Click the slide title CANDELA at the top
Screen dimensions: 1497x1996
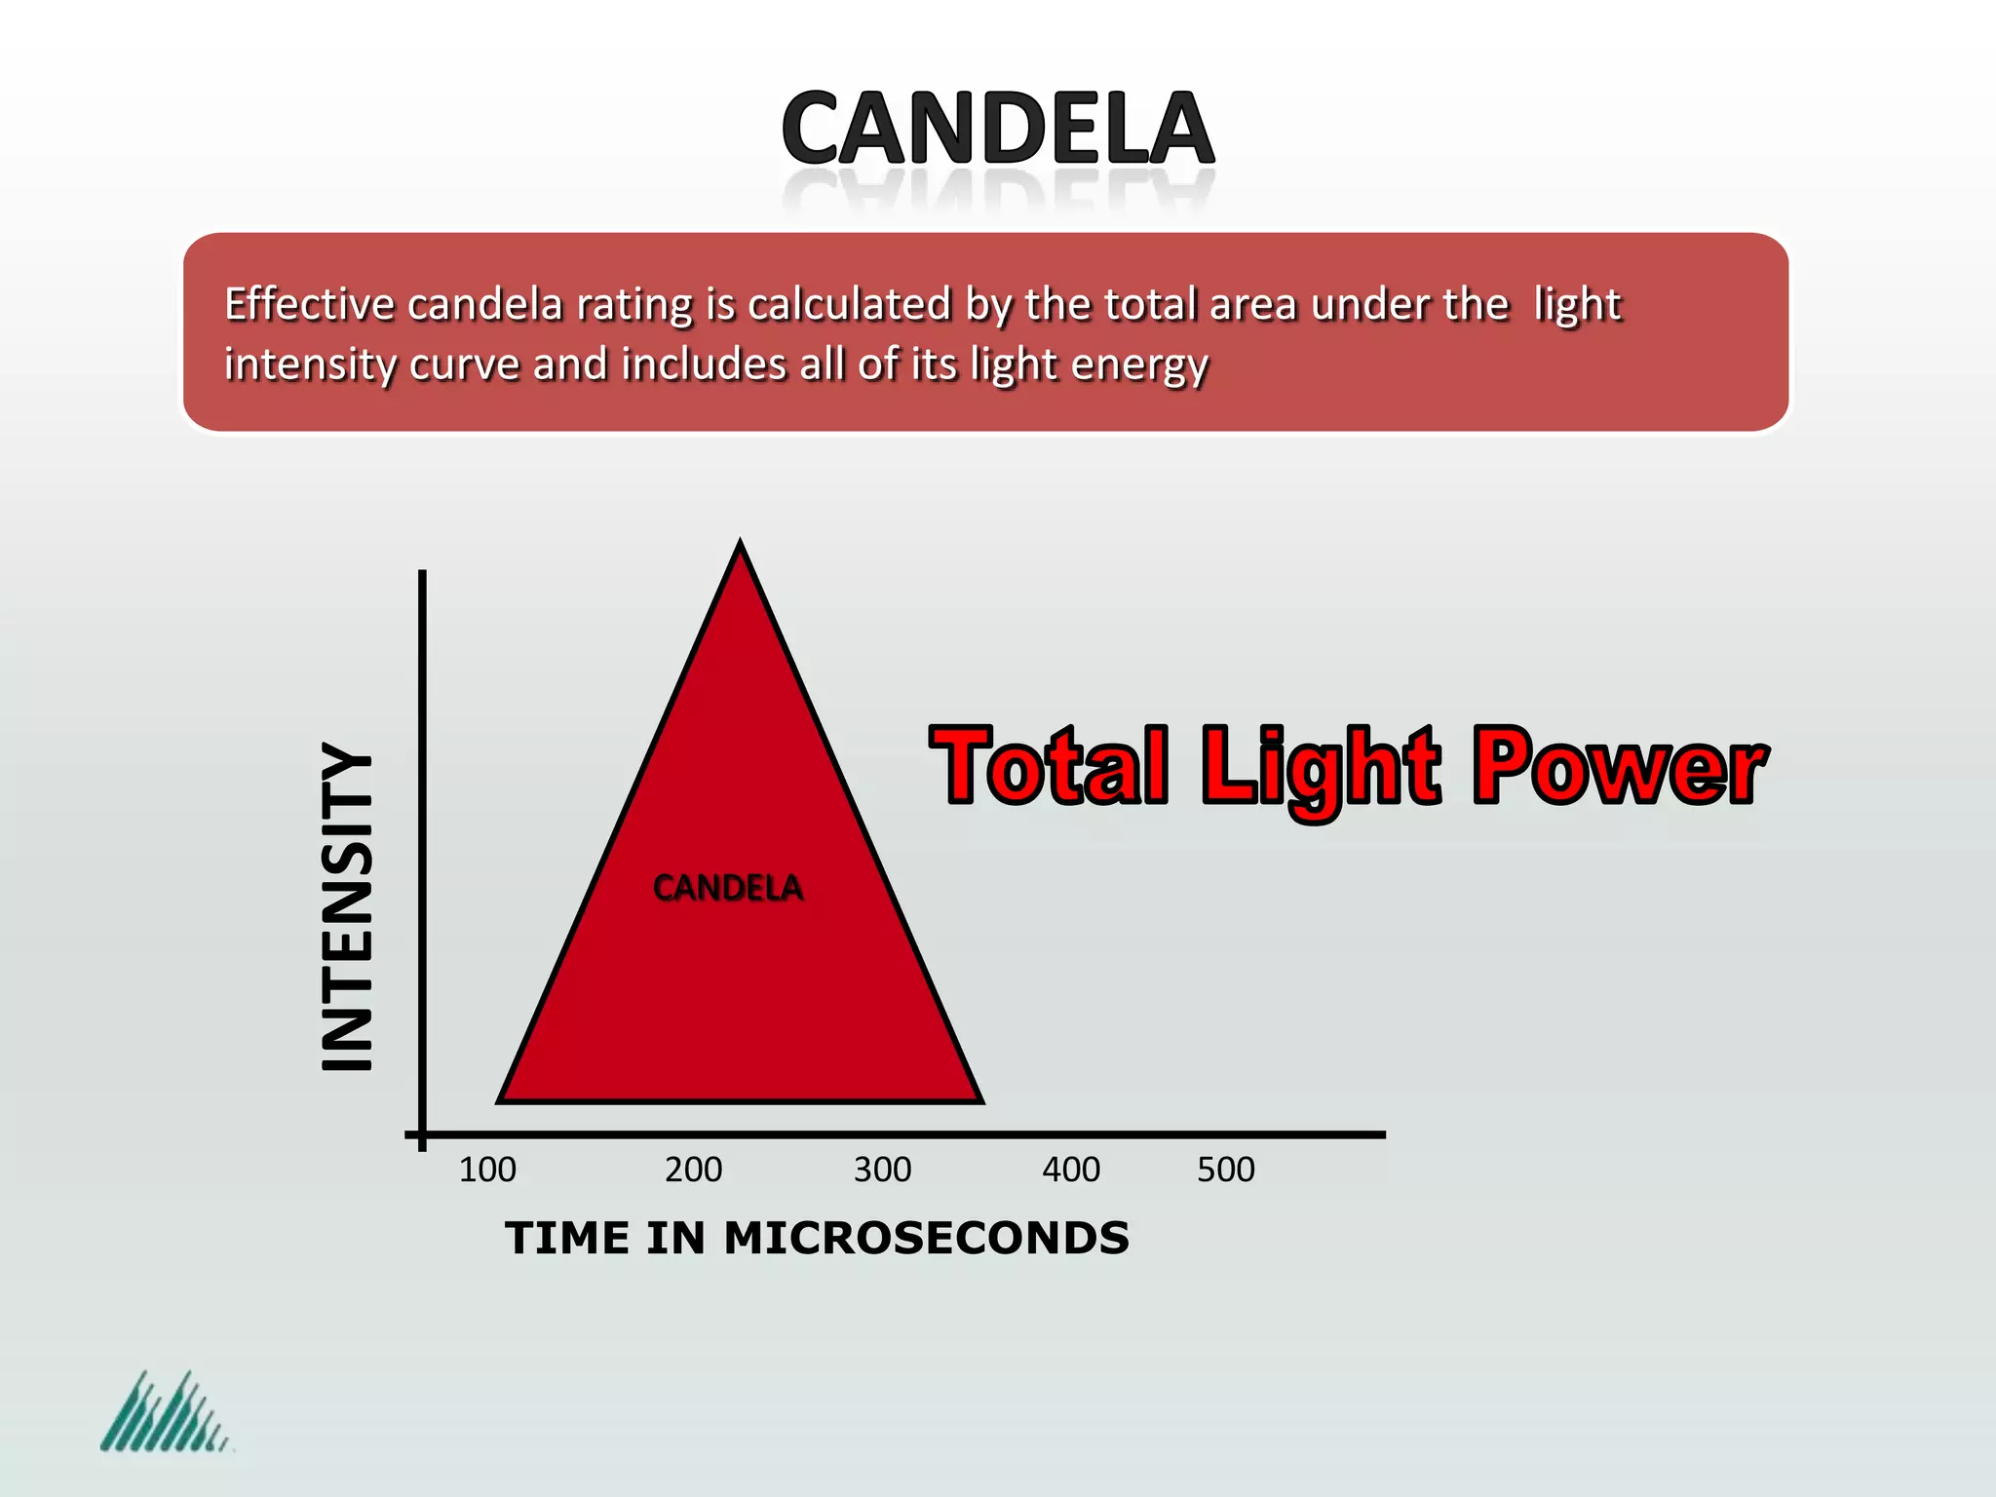pos(997,129)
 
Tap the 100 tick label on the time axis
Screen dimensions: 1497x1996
pos(487,1170)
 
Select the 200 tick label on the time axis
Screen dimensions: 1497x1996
pos(693,1170)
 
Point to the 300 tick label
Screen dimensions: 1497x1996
pos(882,1170)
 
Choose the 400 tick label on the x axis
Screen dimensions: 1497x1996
pos(1071,1170)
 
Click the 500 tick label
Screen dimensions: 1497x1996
pos(1226,1170)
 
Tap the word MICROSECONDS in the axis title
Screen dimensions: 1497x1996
pos(926,1239)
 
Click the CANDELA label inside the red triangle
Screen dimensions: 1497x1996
pos(728,888)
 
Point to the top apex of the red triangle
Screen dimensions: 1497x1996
pos(740,544)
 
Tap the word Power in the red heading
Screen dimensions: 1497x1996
pos(1619,767)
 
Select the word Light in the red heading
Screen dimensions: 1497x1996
pos(1320,770)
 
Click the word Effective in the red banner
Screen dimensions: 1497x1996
pos(310,304)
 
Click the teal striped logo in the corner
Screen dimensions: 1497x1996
pos(165,1412)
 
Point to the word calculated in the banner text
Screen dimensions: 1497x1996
pos(849,304)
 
